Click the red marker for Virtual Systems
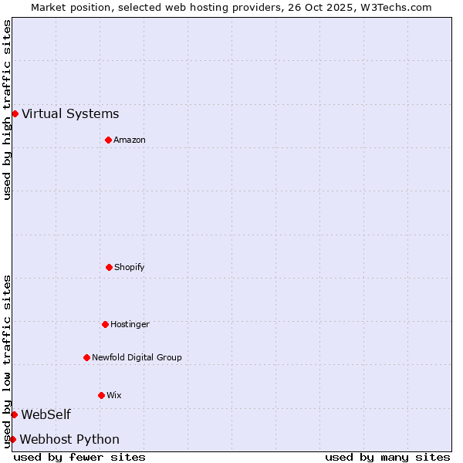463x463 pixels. [x=15, y=113]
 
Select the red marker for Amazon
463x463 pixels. [x=108, y=140]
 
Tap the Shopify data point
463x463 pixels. [x=109, y=267]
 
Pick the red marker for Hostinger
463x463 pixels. [x=105, y=324]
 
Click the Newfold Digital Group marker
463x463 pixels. [x=86, y=357]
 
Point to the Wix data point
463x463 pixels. [x=101, y=395]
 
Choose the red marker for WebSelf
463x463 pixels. [x=14, y=414]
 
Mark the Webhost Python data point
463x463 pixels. [x=12, y=439]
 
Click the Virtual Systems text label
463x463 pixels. [x=70, y=114]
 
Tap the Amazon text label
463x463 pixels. [x=130, y=140]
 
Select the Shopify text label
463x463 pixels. [x=130, y=268]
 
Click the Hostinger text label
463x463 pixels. [x=130, y=325]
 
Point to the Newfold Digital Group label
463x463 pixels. [x=137, y=358]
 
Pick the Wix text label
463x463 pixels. [x=114, y=396]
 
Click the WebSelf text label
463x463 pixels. [x=46, y=415]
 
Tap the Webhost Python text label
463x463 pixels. [x=69, y=440]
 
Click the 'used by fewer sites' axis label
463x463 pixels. [x=79, y=457]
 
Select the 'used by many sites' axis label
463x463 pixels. [x=387, y=457]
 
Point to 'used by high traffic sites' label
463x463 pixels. [x=7, y=110]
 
